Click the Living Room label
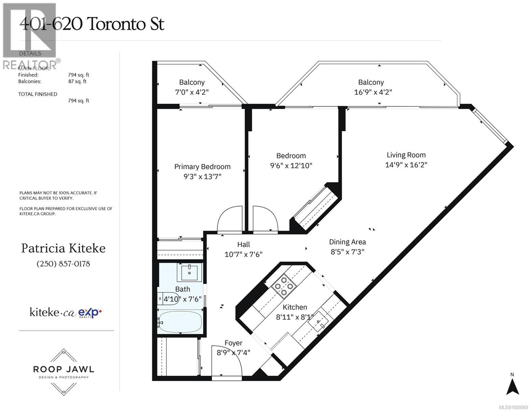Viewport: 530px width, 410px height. (406, 155)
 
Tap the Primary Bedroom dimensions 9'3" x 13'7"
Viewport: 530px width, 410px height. (202, 177)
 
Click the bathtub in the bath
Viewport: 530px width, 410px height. (180, 322)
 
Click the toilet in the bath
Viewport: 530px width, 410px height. (167, 298)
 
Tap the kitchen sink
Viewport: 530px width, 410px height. (319, 321)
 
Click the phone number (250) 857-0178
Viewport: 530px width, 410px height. (63, 264)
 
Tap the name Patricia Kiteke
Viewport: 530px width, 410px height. (63, 248)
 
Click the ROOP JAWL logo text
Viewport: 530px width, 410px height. (63, 369)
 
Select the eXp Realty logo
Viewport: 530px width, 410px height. (90, 313)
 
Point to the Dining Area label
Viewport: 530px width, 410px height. (347, 242)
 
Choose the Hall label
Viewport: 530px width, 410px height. (243, 244)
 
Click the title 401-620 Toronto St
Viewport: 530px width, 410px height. (92, 24)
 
